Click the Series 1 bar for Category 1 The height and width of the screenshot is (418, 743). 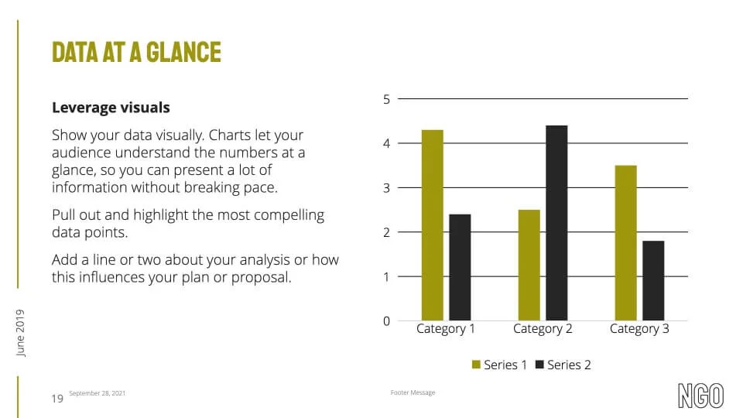pyautogui.click(x=432, y=225)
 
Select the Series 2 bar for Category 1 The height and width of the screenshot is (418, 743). pyautogui.click(x=460, y=267)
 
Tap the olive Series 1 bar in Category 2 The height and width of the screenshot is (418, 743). pyautogui.click(x=529, y=265)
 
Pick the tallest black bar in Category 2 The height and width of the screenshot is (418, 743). pyautogui.click(x=556, y=223)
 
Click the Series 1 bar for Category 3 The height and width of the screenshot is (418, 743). pyautogui.click(x=625, y=243)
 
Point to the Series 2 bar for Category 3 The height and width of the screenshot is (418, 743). pyautogui.click(x=653, y=280)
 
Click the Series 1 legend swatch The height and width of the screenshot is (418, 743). pyautogui.click(x=476, y=365)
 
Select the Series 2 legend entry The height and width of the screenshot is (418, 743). pyautogui.click(x=563, y=365)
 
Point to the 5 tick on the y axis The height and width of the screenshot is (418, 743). pyautogui.click(x=387, y=99)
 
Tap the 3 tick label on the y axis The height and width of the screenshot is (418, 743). pyautogui.click(x=387, y=188)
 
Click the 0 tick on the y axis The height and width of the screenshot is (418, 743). pyautogui.click(x=387, y=321)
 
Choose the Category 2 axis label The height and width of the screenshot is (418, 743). pyautogui.click(x=543, y=329)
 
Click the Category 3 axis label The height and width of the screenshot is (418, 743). pyautogui.click(x=639, y=329)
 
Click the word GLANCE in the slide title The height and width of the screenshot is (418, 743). pyautogui.click(x=183, y=52)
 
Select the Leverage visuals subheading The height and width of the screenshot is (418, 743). pyautogui.click(x=111, y=108)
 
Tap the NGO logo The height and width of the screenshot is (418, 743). pyautogui.click(x=701, y=396)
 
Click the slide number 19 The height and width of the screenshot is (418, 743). pyautogui.click(x=57, y=399)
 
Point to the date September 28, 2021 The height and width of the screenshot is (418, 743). pyautogui.click(x=98, y=393)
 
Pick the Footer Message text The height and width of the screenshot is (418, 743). pyautogui.click(x=413, y=392)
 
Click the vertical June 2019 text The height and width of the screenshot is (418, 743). pyautogui.click(x=20, y=333)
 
